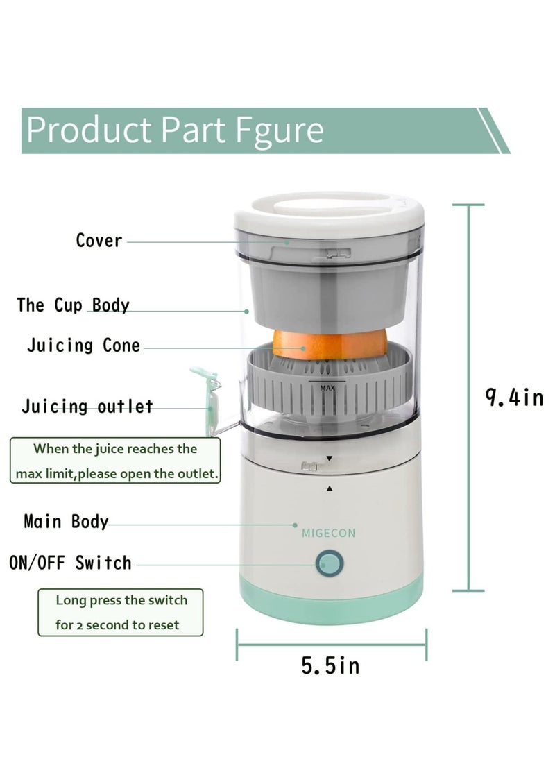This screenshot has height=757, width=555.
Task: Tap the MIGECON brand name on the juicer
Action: click(329, 534)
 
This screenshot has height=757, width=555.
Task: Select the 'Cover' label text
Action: click(99, 241)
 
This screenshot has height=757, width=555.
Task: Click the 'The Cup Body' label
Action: click(74, 305)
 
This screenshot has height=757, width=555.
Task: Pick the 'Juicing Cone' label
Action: click(83, 345)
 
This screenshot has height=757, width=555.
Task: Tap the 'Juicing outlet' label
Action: click(87, 407)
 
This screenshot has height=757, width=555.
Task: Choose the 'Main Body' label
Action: click(66, 521)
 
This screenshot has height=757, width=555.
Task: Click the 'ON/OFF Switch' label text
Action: click(70, 562)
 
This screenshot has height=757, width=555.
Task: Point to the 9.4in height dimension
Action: click(514, 398)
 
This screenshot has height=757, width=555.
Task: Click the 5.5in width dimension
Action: click(331, 666)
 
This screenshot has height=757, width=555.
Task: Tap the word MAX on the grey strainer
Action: click(327, 389)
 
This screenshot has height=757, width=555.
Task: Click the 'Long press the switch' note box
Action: click(121, 612)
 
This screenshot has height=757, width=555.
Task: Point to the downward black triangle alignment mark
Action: click(330, 459)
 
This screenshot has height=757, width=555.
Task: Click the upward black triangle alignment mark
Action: click(330, 488)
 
